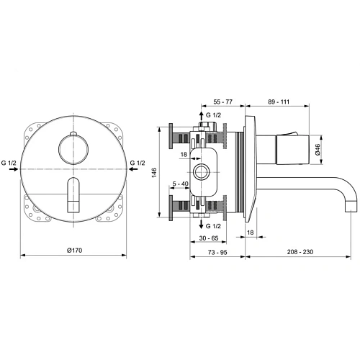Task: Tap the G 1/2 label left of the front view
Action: [x=9, y=164]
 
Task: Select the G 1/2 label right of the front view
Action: [x=138, y=164]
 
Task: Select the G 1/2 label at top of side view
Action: [x=214, y=115]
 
